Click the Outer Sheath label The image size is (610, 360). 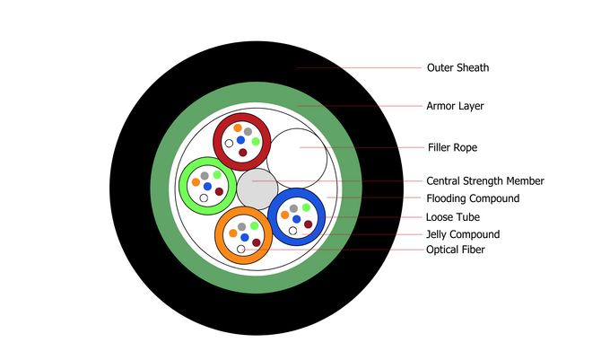pyautogui.click(x=457, y=67)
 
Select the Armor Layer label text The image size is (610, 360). pyautogui.click(x=455, y=106)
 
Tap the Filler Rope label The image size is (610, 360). pyautogui.click(x=452, y=146)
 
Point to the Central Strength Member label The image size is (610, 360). pyautogui.click(x=484, y=181)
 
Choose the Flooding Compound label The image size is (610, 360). pyautogui.click(x=472, y=198)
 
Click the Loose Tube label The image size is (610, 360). pyautogui.click(x=453, y=217)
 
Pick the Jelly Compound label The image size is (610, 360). pyautogui.click(x=462, y=234)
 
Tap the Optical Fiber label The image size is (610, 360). pyautogui.click(x=455, y=250)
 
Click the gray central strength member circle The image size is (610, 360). pyautogui.click(x=257, y=188)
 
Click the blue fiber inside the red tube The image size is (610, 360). pyautogui.click(x=240, y=140)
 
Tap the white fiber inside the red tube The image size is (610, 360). pyautogui.click(x=230, y=143)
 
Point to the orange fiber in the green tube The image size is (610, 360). pyautogui.click(x=196, y=182)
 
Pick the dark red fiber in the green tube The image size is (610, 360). pyautogui.click(x=219, y=191)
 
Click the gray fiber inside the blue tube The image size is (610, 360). pyautogui.click(x=293, y=208)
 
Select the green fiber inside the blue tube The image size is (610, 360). pyautogui.click(x=306, y=207)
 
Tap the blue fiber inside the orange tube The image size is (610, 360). pyautogui.click(x=244, y=237)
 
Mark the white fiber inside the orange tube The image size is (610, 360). pyautogui.click(x=240, y=249)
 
